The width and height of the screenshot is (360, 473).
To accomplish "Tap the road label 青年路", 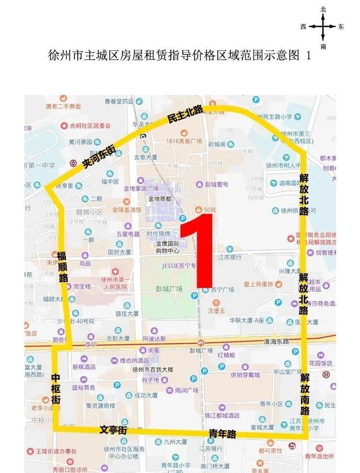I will [x=223, y=434].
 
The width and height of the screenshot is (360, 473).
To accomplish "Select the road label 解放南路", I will [x=305, y=394].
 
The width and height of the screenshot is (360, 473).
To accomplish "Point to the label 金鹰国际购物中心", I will [x=167, y=247].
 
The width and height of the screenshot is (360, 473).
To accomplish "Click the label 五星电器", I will [x=128, y=234].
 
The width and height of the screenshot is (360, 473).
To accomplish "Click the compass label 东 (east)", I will [x=341, y=27].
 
